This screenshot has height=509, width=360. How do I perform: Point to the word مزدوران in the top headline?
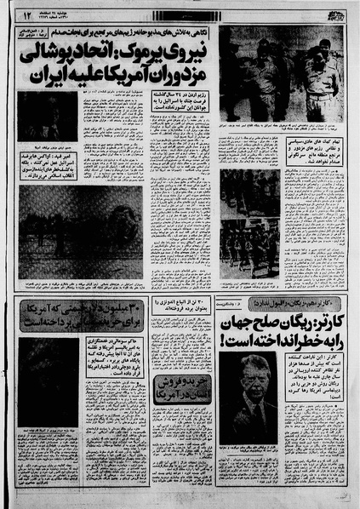[174, 75]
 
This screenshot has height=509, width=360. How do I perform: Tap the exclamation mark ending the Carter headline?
[226, 340]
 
